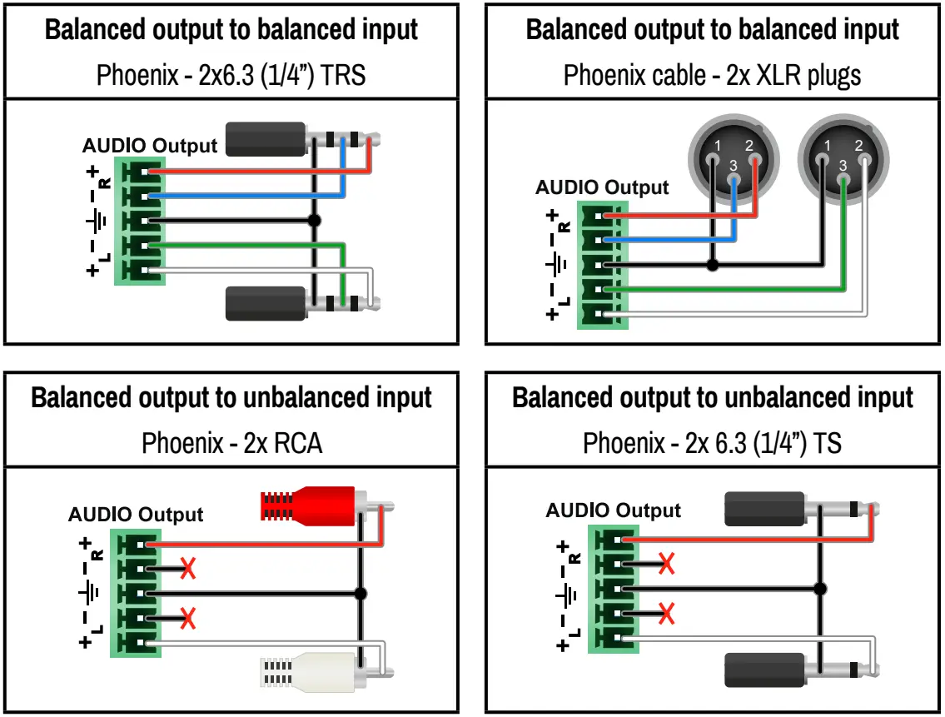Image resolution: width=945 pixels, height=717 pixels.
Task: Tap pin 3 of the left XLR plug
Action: tap(733, 164)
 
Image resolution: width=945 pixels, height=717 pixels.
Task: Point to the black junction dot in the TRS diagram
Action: tap(314, 221)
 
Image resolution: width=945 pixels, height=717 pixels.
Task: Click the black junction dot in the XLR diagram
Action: tap(711, 265)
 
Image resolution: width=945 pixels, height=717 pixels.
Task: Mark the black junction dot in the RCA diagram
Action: tap(361, 594)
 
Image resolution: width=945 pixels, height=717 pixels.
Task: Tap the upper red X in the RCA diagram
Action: tap(189, 569)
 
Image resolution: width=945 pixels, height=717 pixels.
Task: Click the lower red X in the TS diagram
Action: tap(666, 614)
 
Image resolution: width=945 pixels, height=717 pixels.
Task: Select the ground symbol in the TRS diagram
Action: tap(97, 221)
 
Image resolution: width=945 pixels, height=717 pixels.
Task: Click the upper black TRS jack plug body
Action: tap(265, 138)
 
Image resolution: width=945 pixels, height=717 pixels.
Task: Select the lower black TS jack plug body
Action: tap(764, 670)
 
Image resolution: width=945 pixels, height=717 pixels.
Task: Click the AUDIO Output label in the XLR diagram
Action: tap(601, 187)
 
